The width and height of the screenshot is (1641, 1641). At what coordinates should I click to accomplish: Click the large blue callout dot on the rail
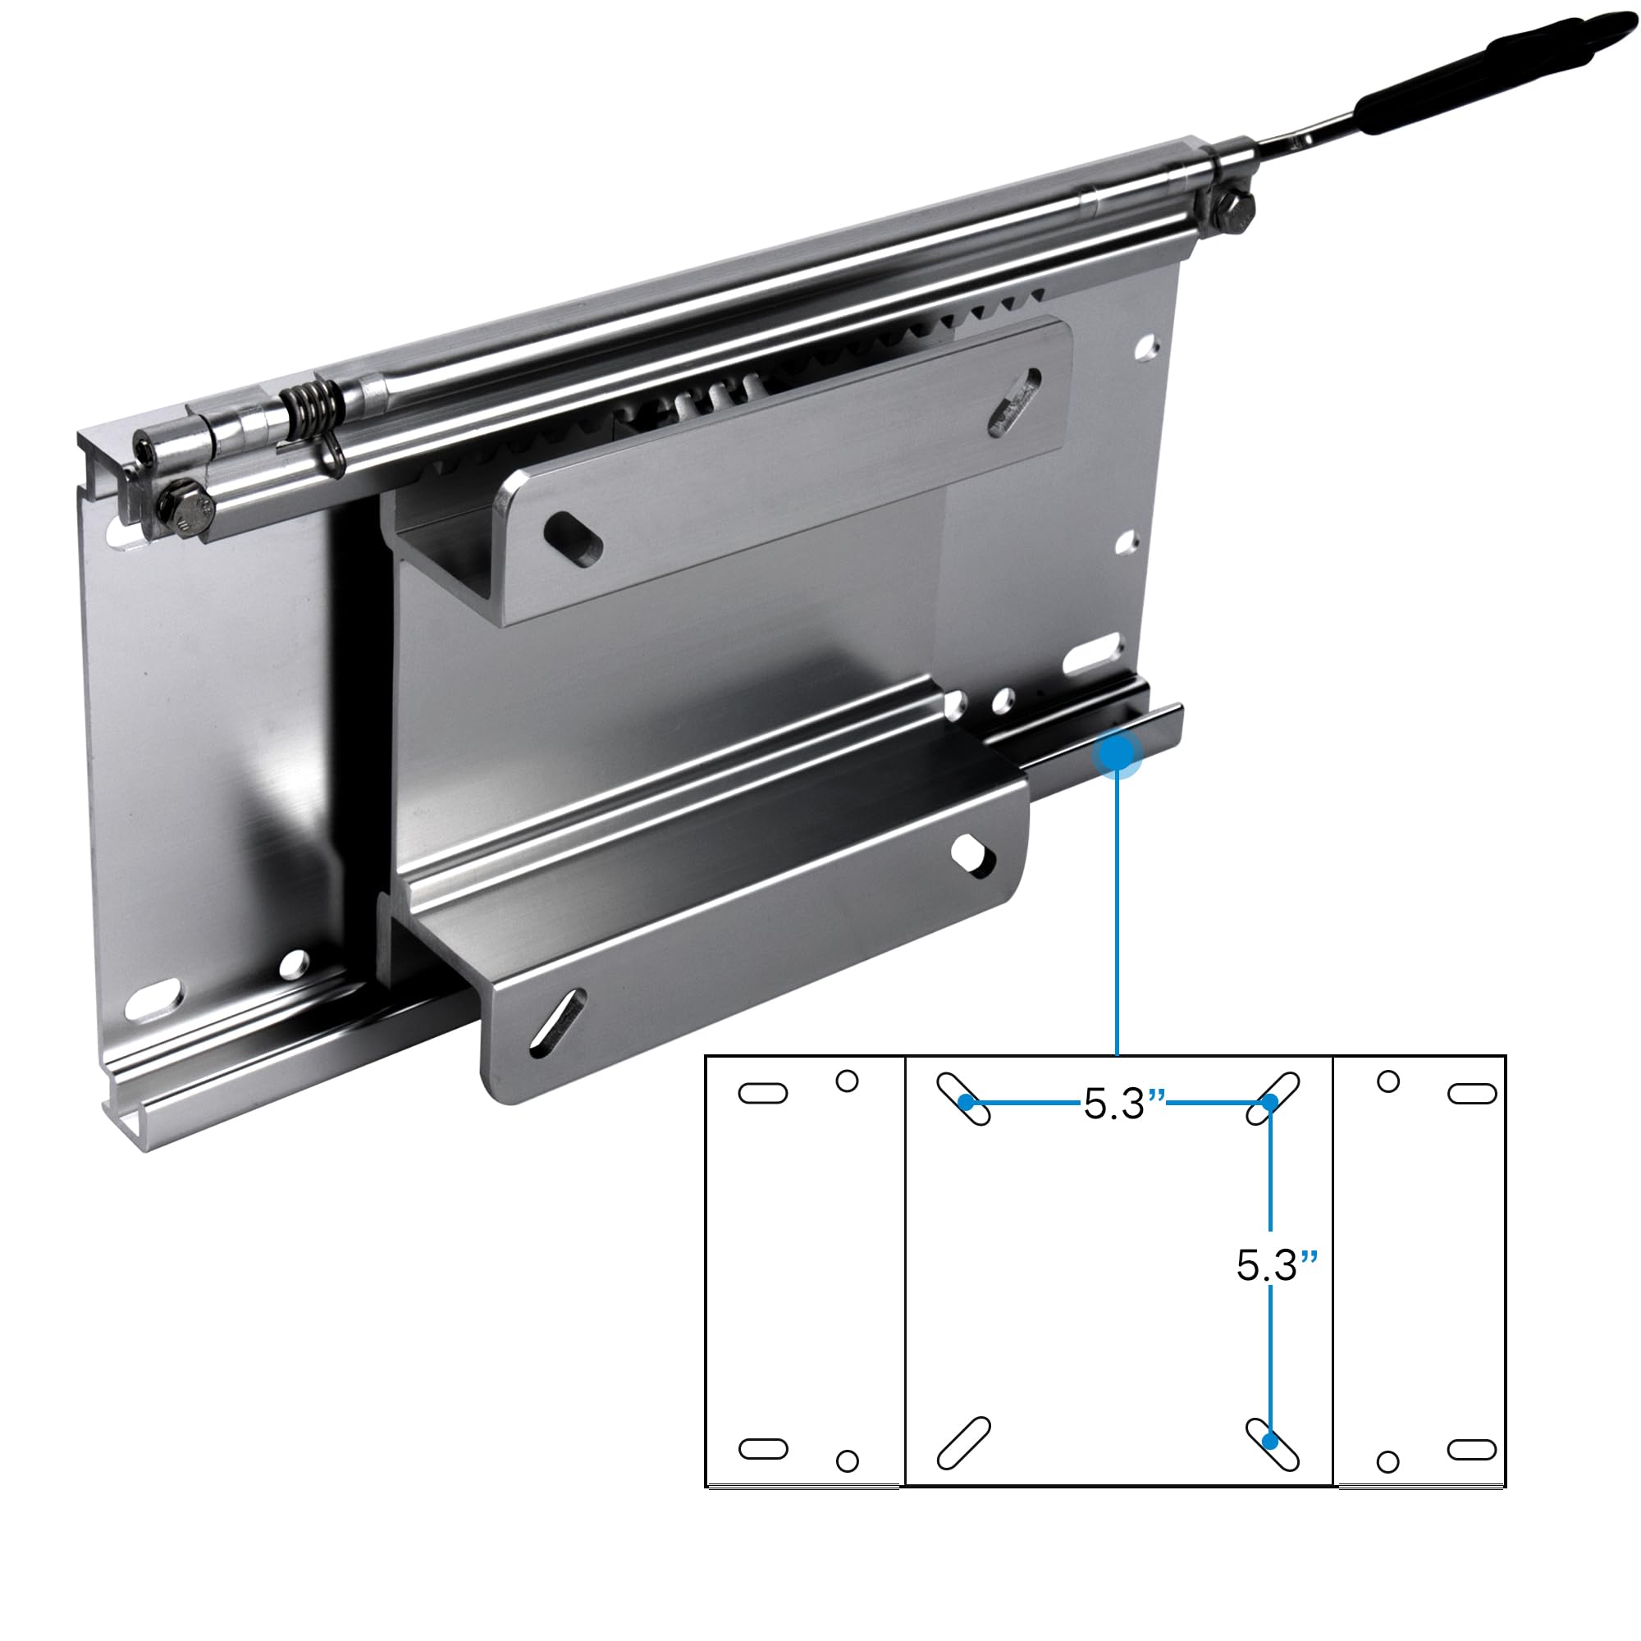pyautogui.click(x=1118, y=752)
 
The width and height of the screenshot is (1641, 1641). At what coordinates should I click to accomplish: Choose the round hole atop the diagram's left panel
pyautogui.click(x=847, y=1081)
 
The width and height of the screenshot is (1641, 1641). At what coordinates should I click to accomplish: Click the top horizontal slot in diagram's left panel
pyautogui.click(x=763, y=1093)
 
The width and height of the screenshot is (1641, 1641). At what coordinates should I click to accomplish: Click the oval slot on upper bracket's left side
pyautogui.click(x=574, y=537)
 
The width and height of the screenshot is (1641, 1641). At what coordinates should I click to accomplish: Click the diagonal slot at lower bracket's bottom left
pyautogui.click(x=556, y=1024)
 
